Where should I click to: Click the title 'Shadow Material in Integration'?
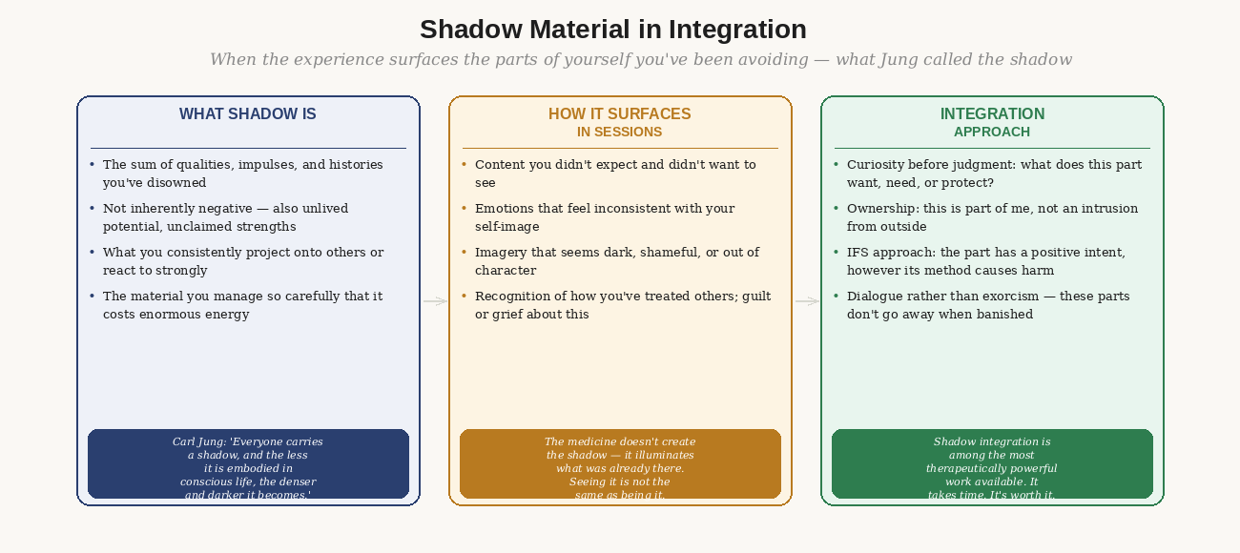coord(613,30)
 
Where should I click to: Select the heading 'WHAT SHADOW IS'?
coord(248,114)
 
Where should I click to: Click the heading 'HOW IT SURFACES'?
coord(620,114)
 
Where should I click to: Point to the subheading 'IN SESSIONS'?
coord(620,132)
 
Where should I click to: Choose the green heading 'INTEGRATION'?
coord(992,114)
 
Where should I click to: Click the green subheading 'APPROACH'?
coord(992,132)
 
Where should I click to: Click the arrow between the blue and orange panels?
coord(435,301)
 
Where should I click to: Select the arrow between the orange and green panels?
coord(807,301)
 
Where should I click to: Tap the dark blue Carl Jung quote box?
coord(248,464)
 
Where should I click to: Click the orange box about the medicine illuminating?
coord(620,464)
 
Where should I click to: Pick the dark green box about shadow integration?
coord(992,464)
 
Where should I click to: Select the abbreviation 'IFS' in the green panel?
coord(858,253)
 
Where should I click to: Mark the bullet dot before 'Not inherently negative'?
coord(92,208)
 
